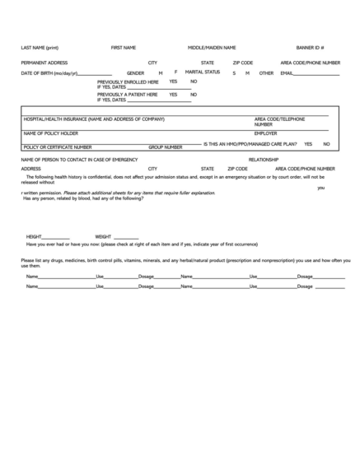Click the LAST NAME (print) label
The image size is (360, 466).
point(40,48)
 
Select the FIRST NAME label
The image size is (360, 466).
point(123,48)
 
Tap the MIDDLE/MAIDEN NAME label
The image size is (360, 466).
point(212,48)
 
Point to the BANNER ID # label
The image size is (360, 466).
point(310,48)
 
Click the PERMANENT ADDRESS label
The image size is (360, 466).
point(44,63)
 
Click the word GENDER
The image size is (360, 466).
point(136,73)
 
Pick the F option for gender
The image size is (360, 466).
point(175,72)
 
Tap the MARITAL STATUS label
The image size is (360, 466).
point(203,72)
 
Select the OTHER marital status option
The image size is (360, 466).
point(266,73)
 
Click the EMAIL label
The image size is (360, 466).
point(287,73)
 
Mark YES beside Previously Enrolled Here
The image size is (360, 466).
point(173,82)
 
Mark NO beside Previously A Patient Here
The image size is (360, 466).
point(194,94)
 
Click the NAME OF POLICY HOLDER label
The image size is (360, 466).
point(51,133)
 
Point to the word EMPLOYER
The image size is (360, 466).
point(265,133)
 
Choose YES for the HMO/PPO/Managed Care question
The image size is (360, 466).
point(308,143)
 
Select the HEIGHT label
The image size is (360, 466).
point(34,236)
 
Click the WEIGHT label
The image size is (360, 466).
point(103,236)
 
